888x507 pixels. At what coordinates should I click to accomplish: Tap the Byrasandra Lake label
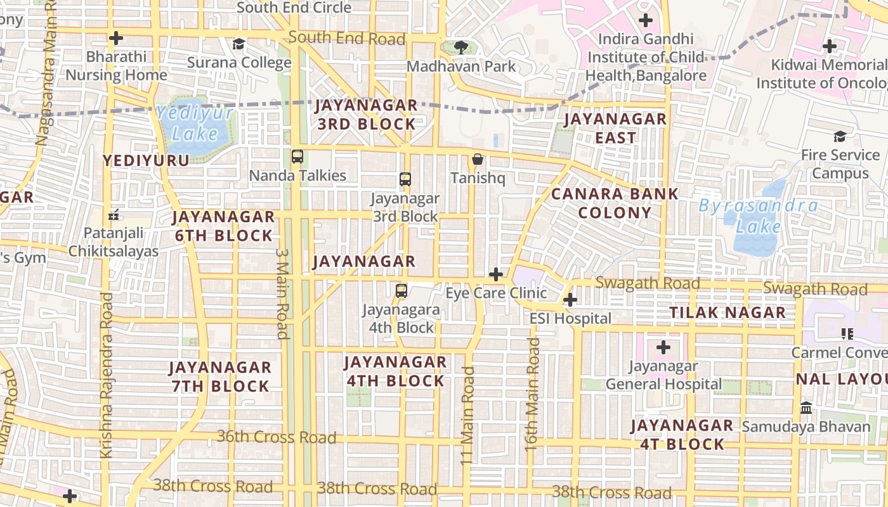coord(758,215)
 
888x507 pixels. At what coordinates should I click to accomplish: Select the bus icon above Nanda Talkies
coord(297,156)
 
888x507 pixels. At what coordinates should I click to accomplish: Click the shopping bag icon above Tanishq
coord(478,159)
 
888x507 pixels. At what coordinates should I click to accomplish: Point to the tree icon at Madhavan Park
coord(461,47)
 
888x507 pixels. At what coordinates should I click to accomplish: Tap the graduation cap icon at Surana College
coord(238,44)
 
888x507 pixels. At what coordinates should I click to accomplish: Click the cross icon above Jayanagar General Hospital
coord(663,347)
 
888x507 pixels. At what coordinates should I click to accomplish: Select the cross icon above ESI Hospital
coord(570,300)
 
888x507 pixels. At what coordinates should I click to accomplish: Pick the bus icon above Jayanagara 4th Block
coord(401,291)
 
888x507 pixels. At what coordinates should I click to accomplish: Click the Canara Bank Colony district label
coord(615,203)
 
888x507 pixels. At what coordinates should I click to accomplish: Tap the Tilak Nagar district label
coord(728,312)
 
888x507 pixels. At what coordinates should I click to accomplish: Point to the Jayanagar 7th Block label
coord(220,376)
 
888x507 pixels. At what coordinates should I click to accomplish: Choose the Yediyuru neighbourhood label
coord(147,160)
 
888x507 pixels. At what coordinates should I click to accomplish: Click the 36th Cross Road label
coord(277,437)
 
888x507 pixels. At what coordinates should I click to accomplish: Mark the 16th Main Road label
coord(532,394)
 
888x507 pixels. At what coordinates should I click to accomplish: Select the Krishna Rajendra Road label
coord(107,375)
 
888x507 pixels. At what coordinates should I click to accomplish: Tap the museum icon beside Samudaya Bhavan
coord(806,408)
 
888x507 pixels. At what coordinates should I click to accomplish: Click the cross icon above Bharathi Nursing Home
coord(115,38)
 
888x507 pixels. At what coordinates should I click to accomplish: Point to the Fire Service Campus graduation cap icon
coord(840,136)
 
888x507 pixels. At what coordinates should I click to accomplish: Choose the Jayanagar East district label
coord(615,128)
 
